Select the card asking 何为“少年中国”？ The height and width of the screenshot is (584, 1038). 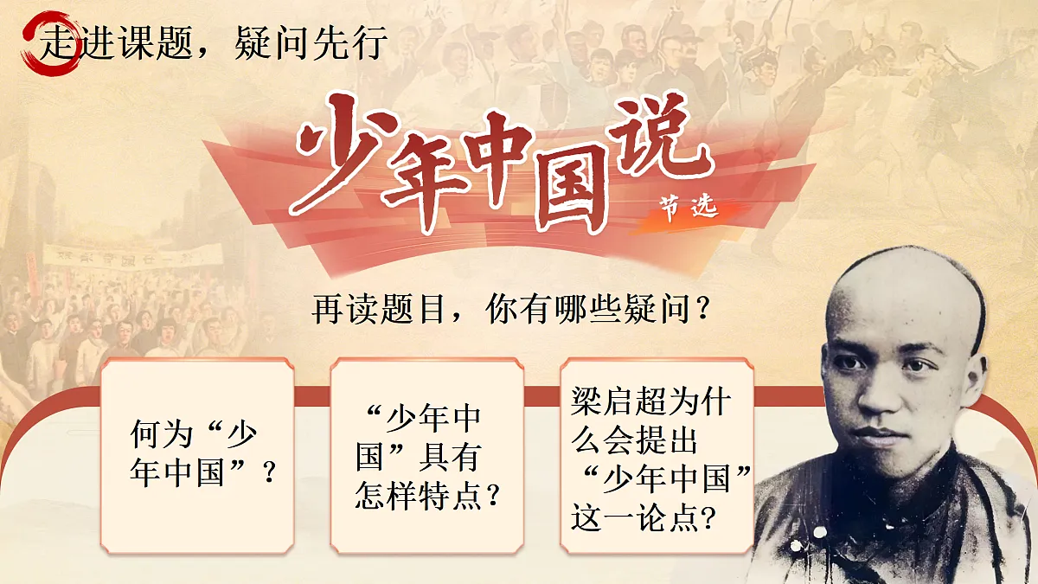click(196, 454)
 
